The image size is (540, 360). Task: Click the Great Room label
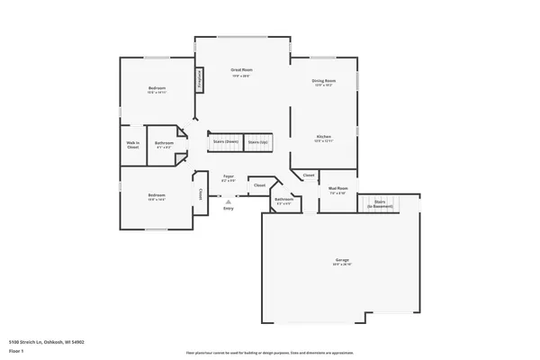tap(241, 69)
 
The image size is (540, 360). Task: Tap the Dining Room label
tap(324, 81)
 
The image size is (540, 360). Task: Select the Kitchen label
tap(324, 137)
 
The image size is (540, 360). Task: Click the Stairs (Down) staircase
tap(225, 142)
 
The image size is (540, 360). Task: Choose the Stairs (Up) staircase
tap(258, 142)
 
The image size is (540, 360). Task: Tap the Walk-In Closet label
tap(132, 144)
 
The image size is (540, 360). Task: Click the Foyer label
tap(229, 176)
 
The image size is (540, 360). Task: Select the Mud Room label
tap(338, 188)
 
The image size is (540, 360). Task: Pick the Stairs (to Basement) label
tap(380, 203)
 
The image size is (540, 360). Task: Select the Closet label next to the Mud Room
tap(309, 175)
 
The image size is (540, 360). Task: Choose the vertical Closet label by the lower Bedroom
tap(199, 194)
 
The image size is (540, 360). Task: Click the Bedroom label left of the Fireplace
tap(157, 87)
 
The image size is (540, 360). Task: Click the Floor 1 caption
tap(15, 350)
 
